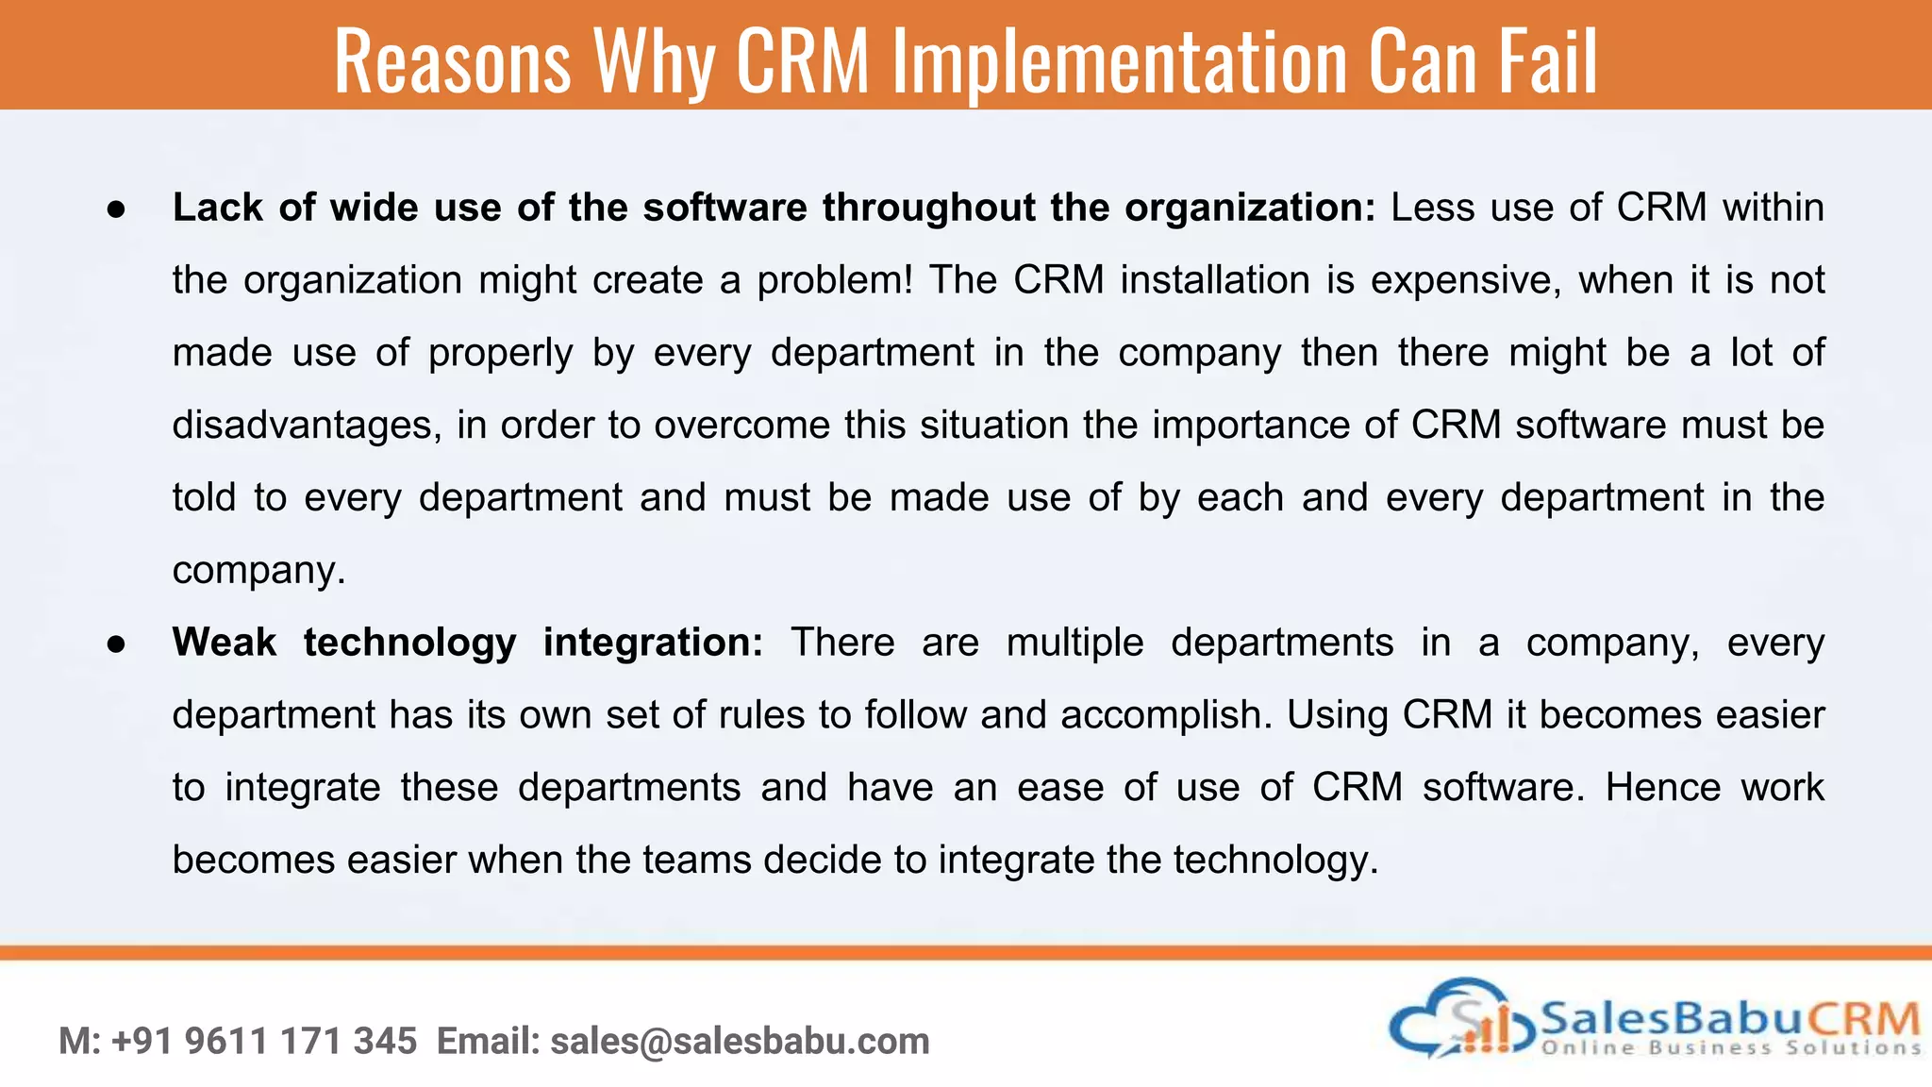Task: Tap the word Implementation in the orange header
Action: (1119, 63)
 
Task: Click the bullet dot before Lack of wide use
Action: (116, 210)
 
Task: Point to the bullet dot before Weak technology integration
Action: (116, 645)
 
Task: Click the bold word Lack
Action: (217, 208)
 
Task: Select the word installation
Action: (1215, 280)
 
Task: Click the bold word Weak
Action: (225, 643)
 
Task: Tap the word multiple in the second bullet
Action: (1074, 643)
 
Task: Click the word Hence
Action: (1663, 788)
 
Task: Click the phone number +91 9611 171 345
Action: (264, 1042)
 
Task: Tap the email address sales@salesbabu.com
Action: (740, 1042)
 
